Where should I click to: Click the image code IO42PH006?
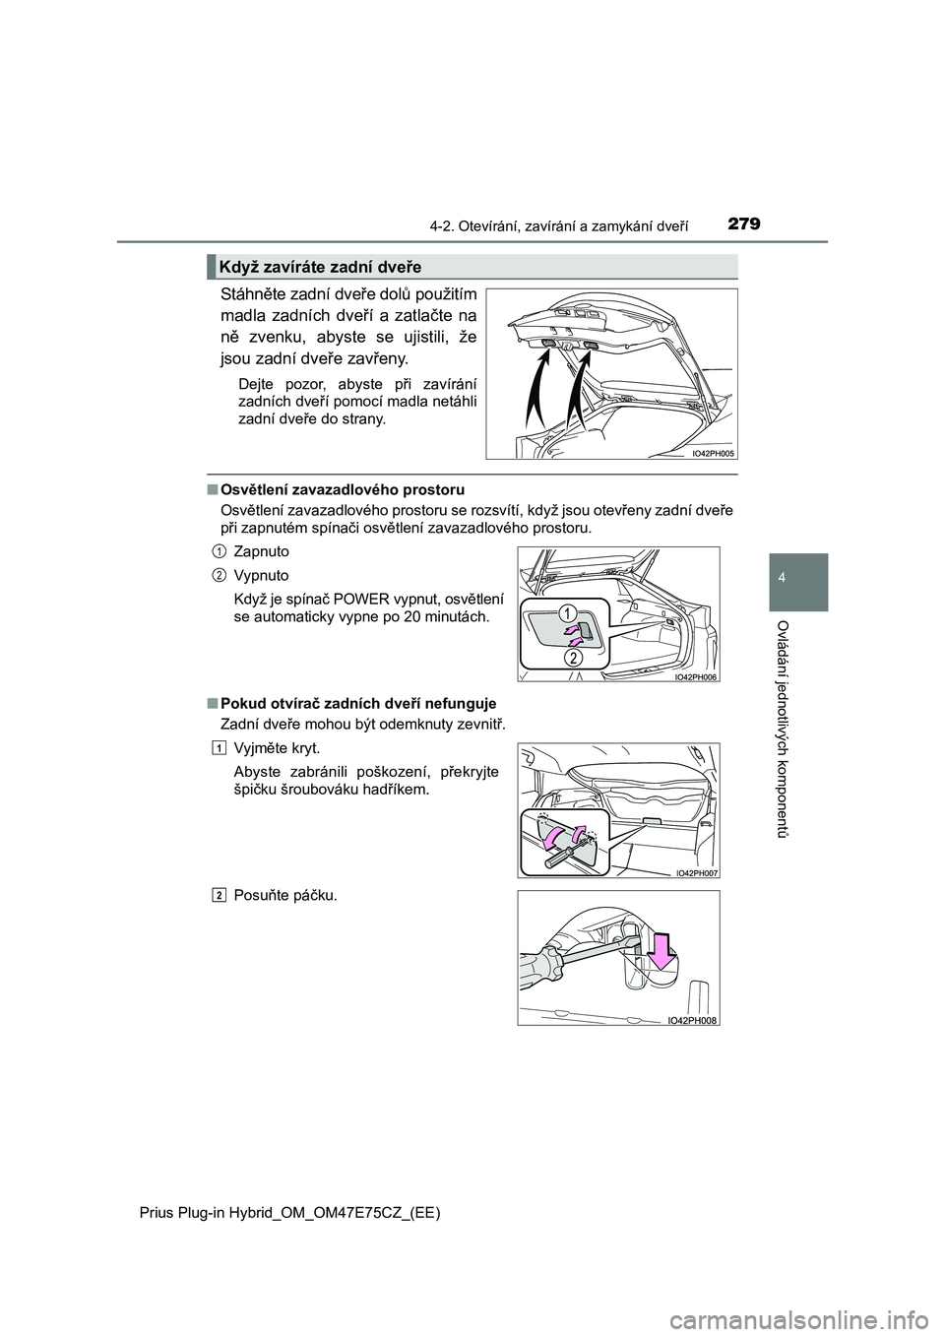(695, 676)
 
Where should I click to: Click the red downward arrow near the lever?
(661, 952)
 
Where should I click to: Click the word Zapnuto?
(262, 551)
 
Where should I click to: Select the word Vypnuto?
(261, 575)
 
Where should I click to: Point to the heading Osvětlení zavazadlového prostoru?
(343, 489)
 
